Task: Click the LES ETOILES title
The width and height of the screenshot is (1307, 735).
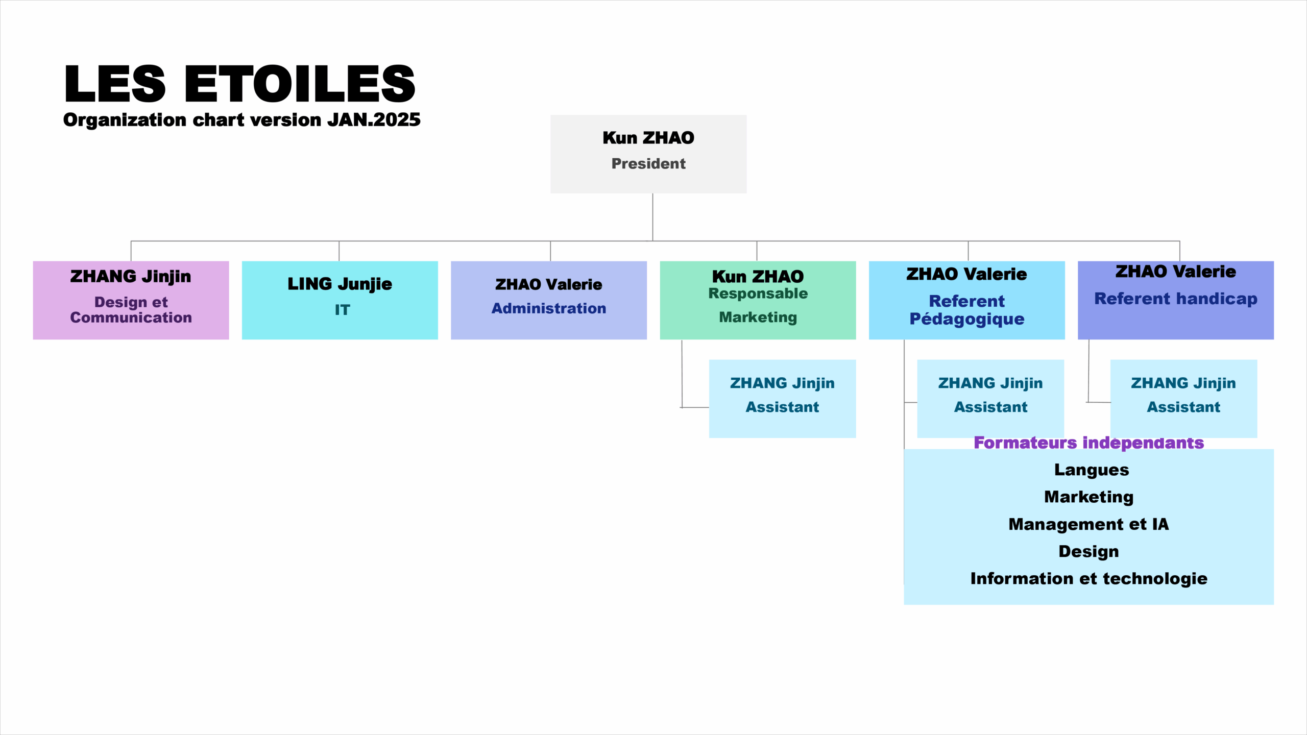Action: pos(239,84)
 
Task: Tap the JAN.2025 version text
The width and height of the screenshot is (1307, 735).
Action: pos(374,120)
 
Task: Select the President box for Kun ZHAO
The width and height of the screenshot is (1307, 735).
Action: pos(648,154)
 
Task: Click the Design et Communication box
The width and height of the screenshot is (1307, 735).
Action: pos(131,300)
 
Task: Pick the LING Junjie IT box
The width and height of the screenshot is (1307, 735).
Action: pos(340,300)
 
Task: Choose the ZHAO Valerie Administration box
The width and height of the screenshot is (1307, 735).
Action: pos(549,300)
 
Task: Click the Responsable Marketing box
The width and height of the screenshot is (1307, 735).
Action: pos(758,300)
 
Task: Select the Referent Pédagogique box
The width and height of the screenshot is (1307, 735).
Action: pos(967,300)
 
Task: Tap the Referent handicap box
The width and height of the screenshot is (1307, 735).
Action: pos(1176,300)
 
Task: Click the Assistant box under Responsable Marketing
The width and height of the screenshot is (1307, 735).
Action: pos(783,399)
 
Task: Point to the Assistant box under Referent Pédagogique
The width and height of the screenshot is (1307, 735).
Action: pos(990,399)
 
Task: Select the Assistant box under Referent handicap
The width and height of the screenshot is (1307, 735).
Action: pos(1184,399)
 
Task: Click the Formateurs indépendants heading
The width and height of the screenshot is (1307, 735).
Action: pos(1089,443)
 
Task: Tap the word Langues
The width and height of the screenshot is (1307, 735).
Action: pos(1092,470)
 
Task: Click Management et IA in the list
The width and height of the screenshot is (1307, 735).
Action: pos(1089,524)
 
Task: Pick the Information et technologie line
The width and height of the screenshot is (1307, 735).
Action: pos(1089,579)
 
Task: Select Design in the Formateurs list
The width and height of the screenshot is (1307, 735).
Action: pos(1089,552)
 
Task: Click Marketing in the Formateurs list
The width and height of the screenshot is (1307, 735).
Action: pos(1089,497)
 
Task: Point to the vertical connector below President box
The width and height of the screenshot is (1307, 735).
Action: pos(652,217)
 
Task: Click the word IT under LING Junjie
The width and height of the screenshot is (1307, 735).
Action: pos(343,310)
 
